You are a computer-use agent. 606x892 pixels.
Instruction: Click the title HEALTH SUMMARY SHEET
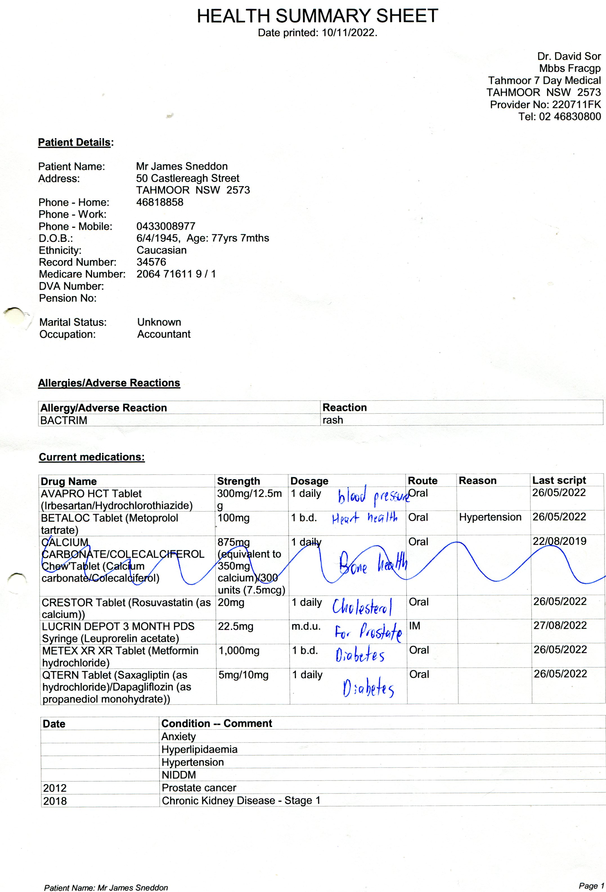pyautogui.click(x=317, y=16)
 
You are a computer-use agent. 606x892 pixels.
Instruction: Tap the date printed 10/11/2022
pyautogui.click(x=349, y=33)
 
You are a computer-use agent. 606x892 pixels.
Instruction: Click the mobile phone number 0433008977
pyautogui.click(x=166, y=226)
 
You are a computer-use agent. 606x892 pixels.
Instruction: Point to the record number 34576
pyautogui.click(x=151, y=262)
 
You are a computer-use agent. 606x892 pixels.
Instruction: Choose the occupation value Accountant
pyautogui.click(x=164, y=334)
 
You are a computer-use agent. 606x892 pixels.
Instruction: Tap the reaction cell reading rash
pyautogui.click(x=333, y=420)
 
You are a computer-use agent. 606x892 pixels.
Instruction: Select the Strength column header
pyautogui.click(x=238, y=481)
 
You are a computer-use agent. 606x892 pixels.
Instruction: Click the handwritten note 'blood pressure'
pyautogui.click(x=372, y=496)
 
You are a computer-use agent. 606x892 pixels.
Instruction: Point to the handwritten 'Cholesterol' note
pyautogui.click(x=362, y=607)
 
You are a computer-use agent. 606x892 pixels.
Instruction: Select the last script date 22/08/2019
pyautogui.click(x=559, y=541)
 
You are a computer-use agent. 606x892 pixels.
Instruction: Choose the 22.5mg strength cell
pyautogui.click(x=235, y=626)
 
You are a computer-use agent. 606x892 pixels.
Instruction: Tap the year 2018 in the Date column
pyautogui.click(x=55, y=801)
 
